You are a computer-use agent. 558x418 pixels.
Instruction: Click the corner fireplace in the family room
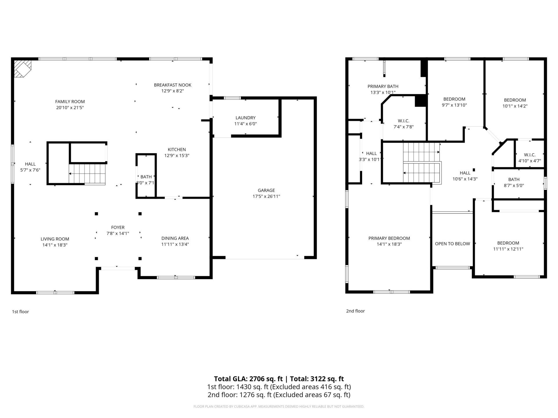[x=22, y=69]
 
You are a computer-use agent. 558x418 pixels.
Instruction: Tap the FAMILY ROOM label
[x=70, y=102]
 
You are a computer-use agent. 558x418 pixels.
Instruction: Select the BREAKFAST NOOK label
[x=173, y=85]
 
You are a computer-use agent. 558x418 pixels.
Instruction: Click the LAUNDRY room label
[x=246, y=118]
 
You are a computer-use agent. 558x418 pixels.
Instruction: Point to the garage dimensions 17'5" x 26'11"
[x=266, y=197]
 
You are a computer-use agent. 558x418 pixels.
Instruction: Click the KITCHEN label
[x=177, y=149]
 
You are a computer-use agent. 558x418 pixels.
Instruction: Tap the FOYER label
[x=118, y=228]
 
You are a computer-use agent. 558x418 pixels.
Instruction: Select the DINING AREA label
[x=175, y=238]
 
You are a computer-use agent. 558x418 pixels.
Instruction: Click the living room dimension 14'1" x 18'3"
[x=55, y=245]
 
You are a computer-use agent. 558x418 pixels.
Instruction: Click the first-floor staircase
[x=87, y=174]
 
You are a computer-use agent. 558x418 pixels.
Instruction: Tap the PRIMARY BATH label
[x=383, y=87]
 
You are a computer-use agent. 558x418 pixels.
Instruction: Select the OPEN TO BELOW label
[x=452, y=244]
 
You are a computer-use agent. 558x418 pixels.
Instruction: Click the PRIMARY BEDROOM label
[x=389, y=238]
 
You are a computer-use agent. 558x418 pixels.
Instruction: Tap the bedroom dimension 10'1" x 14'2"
[x=515, y=106]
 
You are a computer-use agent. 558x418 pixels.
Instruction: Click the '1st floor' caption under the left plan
[x=20, y=312]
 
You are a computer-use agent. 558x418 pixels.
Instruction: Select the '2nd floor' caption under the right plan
[x=355, y=311]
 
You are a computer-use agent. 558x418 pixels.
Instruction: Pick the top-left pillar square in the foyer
[x=96, y=214]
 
